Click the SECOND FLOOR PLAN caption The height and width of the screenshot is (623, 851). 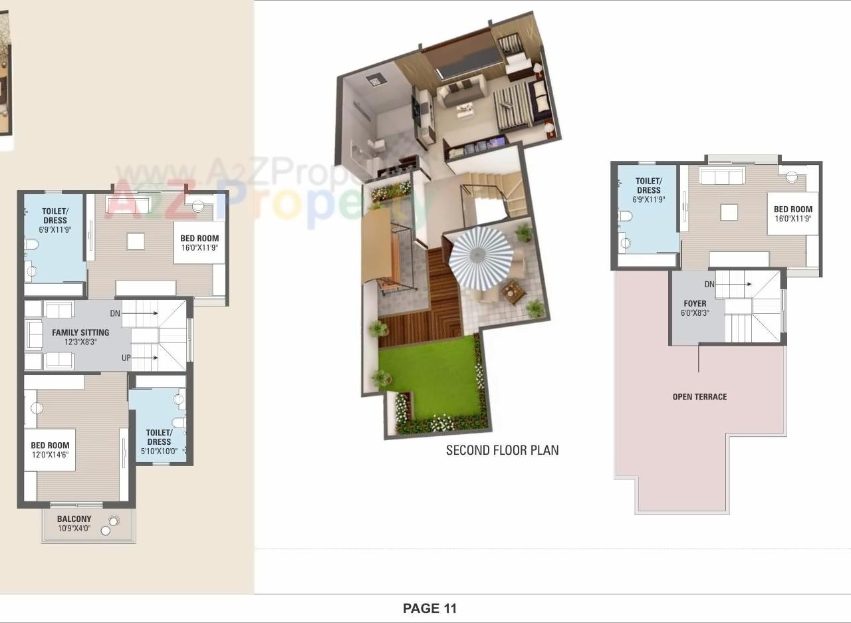pyautogui.click(x=502, y=450)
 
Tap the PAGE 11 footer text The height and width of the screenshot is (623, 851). pyautogui.click(x=430, y=608)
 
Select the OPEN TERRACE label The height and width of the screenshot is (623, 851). pyautogui.click(x=699, y=397)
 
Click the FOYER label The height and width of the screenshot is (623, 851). pyautogui.click(x=695, y=304)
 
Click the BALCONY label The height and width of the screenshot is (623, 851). pyautogui.click(x=74, y=519)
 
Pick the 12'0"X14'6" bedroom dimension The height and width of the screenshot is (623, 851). pyautogui.click(x=50, y=455)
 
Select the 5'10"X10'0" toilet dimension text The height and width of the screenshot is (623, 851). pyautogui.click(x=159, y=451)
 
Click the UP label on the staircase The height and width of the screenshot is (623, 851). pyautogui.click(x=126, y=358)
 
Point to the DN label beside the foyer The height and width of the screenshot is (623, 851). pyautogui.click(x=709, y=285)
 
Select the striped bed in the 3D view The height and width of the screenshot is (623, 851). pyautogui.click(x=514, y=106)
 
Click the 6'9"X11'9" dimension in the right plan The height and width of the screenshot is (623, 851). pyautogui.click(x=648, y=199)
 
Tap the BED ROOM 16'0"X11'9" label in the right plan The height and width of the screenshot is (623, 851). pyautogui.click(x=793, y=214)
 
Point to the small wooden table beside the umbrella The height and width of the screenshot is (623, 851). pyautogui.click(x=513, y=291)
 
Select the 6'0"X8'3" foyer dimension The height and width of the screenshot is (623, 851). pyautogui.click(x=695, y=312)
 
